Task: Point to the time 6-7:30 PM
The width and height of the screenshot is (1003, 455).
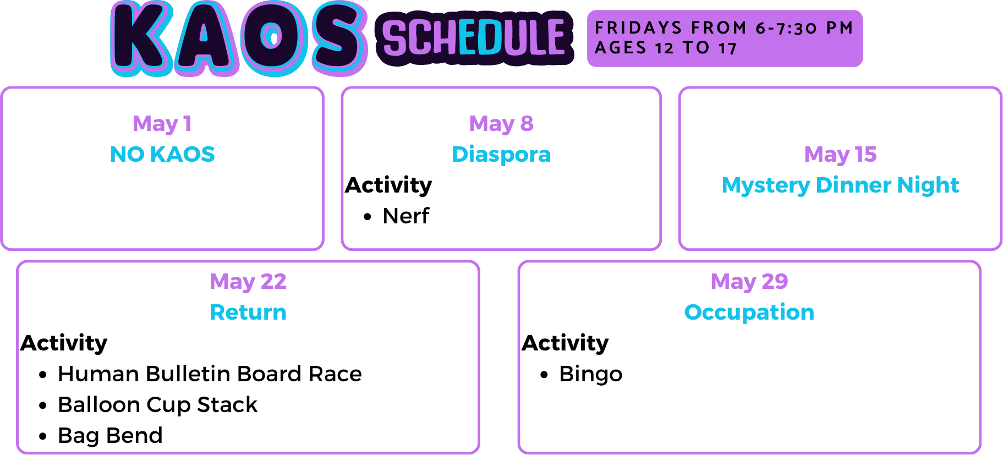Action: [804, 28]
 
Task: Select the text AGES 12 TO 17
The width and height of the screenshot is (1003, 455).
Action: [666, 48]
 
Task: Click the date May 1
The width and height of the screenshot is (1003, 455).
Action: [162, 124]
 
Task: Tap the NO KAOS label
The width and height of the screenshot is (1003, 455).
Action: [162, 154]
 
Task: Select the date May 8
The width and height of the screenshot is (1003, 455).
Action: [501, 124]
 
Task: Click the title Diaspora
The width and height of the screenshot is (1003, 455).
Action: [501, 155]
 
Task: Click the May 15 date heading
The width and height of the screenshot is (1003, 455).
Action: [840, 155]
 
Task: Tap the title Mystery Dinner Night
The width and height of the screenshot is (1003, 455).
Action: [840, 185]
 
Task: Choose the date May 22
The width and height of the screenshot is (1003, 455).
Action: [248, 282]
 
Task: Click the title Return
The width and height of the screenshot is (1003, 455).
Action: [248, 313]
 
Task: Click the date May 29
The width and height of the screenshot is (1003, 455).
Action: [749, 282]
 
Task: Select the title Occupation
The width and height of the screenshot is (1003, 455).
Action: [749, 313]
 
